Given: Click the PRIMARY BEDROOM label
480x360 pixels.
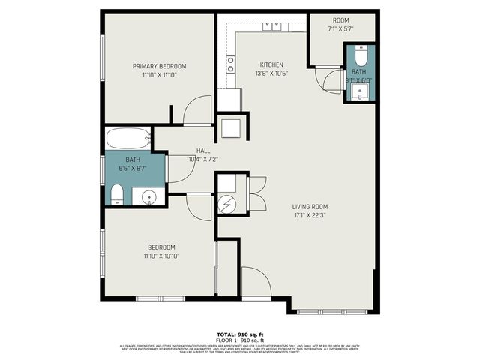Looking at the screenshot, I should point(159,66).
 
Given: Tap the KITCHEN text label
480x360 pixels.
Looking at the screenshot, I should point(271,64).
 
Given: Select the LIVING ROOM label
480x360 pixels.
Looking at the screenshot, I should point(310,206).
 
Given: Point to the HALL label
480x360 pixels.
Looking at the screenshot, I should point(203,151).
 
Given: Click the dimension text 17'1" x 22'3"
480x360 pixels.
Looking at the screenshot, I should point(310,215).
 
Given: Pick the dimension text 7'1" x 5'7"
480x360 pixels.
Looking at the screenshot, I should point(341,29).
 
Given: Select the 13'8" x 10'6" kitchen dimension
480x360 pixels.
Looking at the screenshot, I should point(271,73).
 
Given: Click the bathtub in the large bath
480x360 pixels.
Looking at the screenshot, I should point(128,138).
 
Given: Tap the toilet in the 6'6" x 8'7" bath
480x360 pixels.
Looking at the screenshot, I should point(116,196).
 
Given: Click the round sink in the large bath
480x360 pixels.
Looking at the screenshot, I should point(149,198).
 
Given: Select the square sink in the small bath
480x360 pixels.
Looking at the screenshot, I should point(360,92).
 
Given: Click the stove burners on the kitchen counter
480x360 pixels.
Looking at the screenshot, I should point(230,64).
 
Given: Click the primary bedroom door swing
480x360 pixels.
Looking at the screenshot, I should point(196,110).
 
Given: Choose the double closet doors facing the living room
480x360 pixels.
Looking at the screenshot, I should point(256,193).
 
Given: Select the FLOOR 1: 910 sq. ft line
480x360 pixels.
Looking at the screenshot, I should point(239,340).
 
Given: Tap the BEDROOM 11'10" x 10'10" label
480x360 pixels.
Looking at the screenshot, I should point(161,251).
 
